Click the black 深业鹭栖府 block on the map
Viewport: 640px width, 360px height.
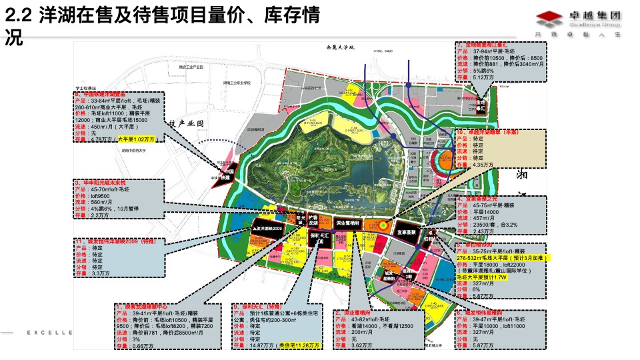click(x=348, y=223)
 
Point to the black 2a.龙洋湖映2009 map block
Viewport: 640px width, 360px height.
click(x=268, y=229)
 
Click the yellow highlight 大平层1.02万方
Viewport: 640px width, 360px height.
click(x=136, y=139)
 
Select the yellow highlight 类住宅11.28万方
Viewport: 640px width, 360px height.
click(x=299, y=345)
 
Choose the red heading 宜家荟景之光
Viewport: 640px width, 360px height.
click(x=479, y=199)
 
